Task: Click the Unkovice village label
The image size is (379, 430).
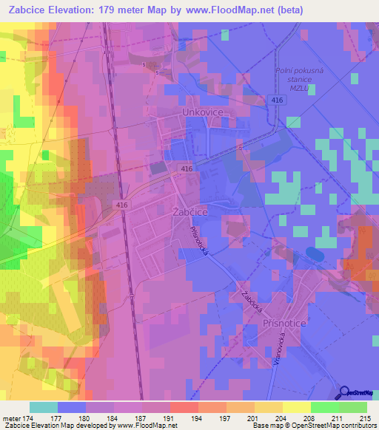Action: [x=203, y=112]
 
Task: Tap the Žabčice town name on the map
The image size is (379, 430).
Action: [x=194, y=211]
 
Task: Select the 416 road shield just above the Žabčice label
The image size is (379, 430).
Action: [x=186, y=169]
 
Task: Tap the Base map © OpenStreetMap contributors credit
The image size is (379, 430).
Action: [x=312, y=426]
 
